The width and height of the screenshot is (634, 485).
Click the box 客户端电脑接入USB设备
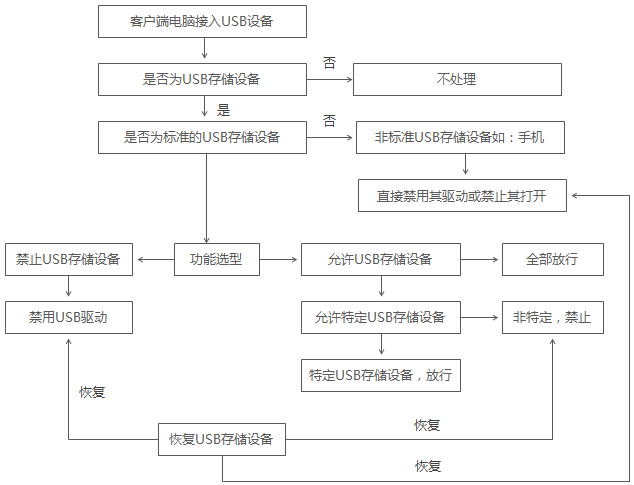[203, 19]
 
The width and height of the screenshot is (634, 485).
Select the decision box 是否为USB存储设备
[203, 79]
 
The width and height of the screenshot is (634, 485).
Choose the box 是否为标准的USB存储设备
[203, 137]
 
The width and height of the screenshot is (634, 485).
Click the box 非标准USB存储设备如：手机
[461, 137]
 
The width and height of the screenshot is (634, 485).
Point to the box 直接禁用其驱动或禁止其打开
[463, 195]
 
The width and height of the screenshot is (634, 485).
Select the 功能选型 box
[216, 260]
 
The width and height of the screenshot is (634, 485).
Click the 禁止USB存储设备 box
[68, 260]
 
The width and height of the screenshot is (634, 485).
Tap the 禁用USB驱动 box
[68, 318]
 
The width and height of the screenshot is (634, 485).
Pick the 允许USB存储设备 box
[380, 260]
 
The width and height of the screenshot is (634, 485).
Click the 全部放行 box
[552, 260]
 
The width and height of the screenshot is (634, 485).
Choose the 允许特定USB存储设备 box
[380, 318]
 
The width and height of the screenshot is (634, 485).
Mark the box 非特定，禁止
[552, 318]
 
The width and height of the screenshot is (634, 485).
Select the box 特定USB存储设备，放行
[380, 376]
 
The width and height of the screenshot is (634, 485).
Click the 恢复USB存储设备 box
[222, 439]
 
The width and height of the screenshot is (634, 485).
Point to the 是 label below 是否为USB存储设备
[224, 109]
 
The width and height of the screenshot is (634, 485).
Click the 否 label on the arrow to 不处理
[329, 63]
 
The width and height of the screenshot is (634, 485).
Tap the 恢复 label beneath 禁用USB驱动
[92, 392]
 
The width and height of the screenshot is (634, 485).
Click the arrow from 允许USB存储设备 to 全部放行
[481, 260]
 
